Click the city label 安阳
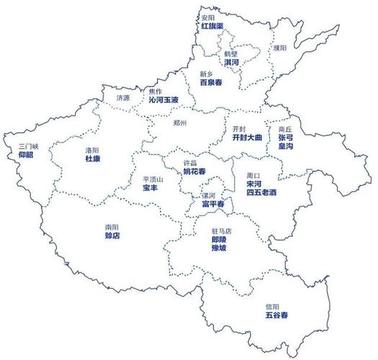click(x=207, y=17)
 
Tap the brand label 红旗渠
click(x=212, y=26)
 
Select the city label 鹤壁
click(x=231, y=53)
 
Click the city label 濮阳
click(x=279, y=48)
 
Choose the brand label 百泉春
click(x=211, y=83)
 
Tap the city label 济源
click(x=123, y=97)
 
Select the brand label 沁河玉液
click(x=163, y=101)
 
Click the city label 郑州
click(x=180, y=123)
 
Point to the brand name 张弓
click(x=286, y=137)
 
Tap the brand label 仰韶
click(x=26, y=155)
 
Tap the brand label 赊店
click(x=112, y=235)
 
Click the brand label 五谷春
click(x=276, y=315)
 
